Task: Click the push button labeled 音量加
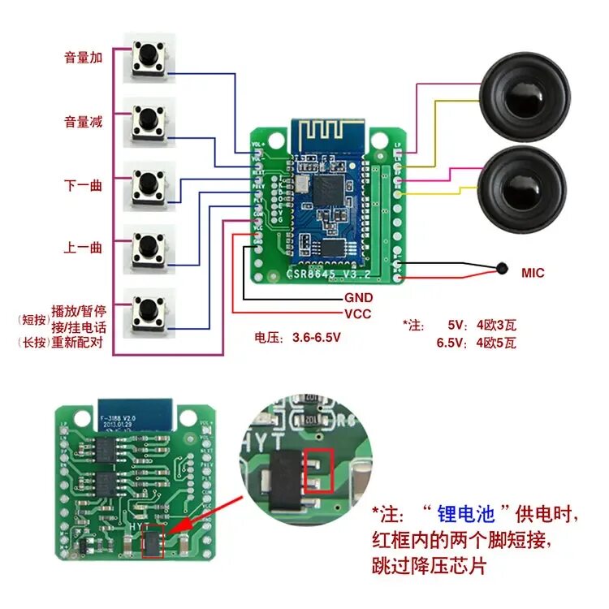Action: (x=149, y=57)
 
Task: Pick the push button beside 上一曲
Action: (x=149, y=245)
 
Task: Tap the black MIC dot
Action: (x=501, y=268)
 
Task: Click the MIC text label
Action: (x=533, y=274)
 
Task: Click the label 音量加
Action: (x=84, y=58)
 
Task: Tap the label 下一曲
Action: (x=84, y=185)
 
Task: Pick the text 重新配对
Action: (x=79, y=343)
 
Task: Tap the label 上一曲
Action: (x=84, y=248)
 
